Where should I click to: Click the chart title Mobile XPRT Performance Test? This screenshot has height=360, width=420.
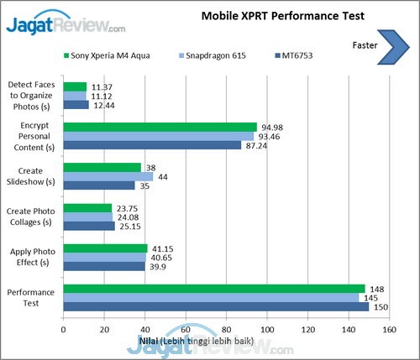tap(283, 16)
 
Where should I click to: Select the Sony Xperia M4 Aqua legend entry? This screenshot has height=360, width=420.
tap(107, 55)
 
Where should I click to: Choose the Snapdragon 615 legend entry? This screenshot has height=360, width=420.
tap(213, 55)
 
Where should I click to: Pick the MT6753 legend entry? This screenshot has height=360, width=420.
tap(294, 55)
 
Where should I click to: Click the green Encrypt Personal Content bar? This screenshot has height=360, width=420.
tap(160, 127)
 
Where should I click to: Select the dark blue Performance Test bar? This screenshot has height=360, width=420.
tap(216, 307)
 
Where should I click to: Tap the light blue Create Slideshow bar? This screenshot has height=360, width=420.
tap(108, 176)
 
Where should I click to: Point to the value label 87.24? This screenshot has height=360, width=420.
tap(256, 146)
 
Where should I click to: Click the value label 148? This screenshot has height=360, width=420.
tap(377, 290)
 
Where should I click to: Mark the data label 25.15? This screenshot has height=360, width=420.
tap(130, 227)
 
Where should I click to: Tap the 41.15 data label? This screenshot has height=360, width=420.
tap(162, 248)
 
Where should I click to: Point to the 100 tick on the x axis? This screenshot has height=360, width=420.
tap(267, 330)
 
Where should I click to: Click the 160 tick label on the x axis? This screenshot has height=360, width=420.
tap(389, 330)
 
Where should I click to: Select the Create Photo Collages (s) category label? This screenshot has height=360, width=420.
tap(31, 217)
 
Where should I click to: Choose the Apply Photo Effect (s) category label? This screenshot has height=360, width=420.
tap(33, 257)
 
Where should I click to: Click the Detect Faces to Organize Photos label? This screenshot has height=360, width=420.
tap(31, 96)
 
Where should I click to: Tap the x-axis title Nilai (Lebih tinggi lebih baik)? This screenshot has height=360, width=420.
tap(197, 342)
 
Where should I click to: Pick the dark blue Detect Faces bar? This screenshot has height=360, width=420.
tap(76, 105)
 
